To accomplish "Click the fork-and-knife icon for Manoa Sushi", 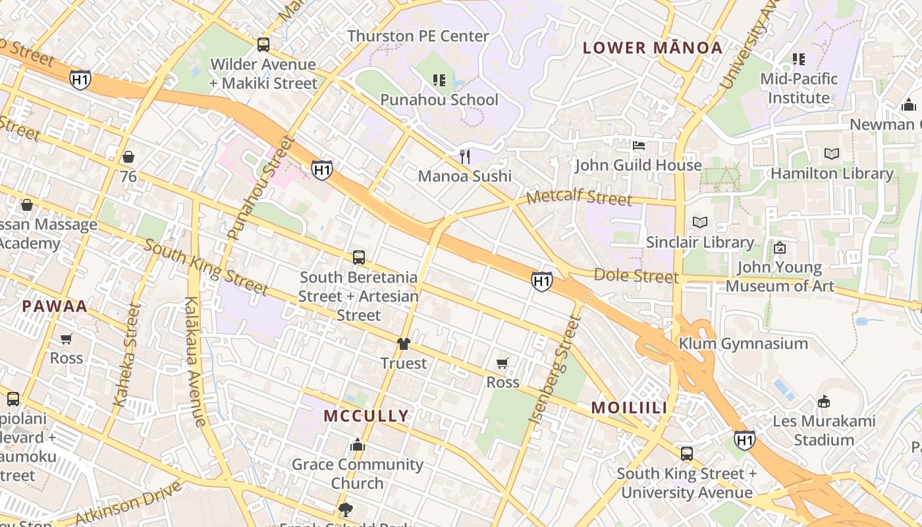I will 465,156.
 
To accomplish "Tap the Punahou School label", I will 439,100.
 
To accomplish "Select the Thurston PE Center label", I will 418,36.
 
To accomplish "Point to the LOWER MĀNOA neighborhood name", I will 653,47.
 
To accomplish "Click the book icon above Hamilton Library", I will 832,153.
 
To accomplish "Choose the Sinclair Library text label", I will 699,242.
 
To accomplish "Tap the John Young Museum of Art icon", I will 780,248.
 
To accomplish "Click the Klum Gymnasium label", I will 743,344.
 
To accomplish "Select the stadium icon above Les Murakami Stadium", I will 823,401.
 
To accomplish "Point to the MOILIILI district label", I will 629,408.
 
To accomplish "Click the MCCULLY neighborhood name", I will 366,416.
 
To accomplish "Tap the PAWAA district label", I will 55,306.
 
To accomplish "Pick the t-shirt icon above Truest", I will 403,344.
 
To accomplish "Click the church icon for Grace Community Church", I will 358,445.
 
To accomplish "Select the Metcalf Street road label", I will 580,198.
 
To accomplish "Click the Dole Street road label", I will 636,275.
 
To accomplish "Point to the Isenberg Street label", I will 555,369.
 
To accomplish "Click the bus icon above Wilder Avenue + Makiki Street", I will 263,45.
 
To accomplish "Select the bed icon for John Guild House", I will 638,146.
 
